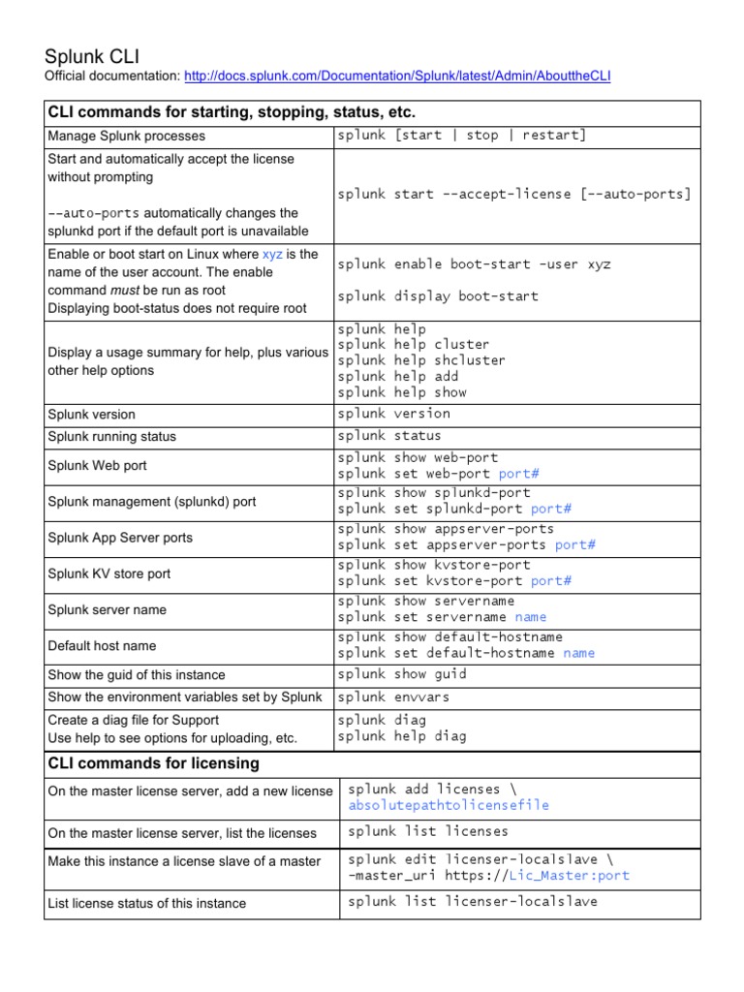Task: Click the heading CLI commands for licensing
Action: click(153, 763)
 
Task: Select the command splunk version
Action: click(394, 414)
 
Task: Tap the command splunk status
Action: click(389, 436)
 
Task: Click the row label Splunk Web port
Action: click(98, 466)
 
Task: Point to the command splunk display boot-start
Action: click(438, 296)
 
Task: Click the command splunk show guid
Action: click(402, 674)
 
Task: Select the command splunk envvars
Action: click(393, 697)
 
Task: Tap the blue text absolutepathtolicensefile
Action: click(449, 805)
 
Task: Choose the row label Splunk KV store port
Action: click(109, 573)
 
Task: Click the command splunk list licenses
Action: click(428, 831)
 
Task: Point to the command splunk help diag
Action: click(402, 736)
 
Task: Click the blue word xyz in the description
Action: click(273, 255)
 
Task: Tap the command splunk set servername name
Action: click(443, 617)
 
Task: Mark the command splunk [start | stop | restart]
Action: click(462, 136)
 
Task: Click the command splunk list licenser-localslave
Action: click(473, 902)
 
